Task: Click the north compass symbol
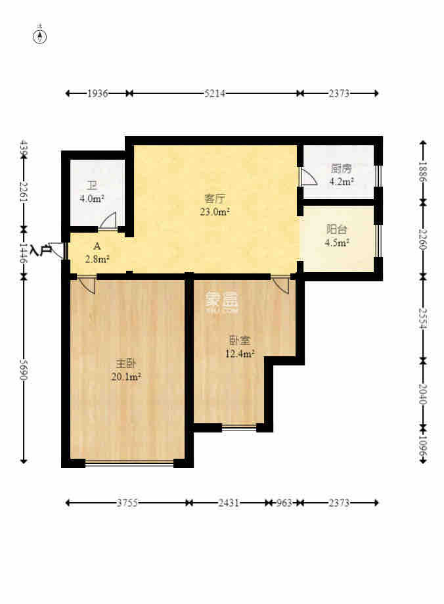40,36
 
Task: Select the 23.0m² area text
215,212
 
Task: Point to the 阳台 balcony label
337,230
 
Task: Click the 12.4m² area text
239,354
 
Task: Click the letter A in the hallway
97,246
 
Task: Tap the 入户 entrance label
41,250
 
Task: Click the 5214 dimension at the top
215,94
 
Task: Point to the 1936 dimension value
97,94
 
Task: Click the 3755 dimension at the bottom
127,503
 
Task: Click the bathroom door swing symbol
108,221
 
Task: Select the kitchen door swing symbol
307,177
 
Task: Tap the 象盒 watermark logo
221,301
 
